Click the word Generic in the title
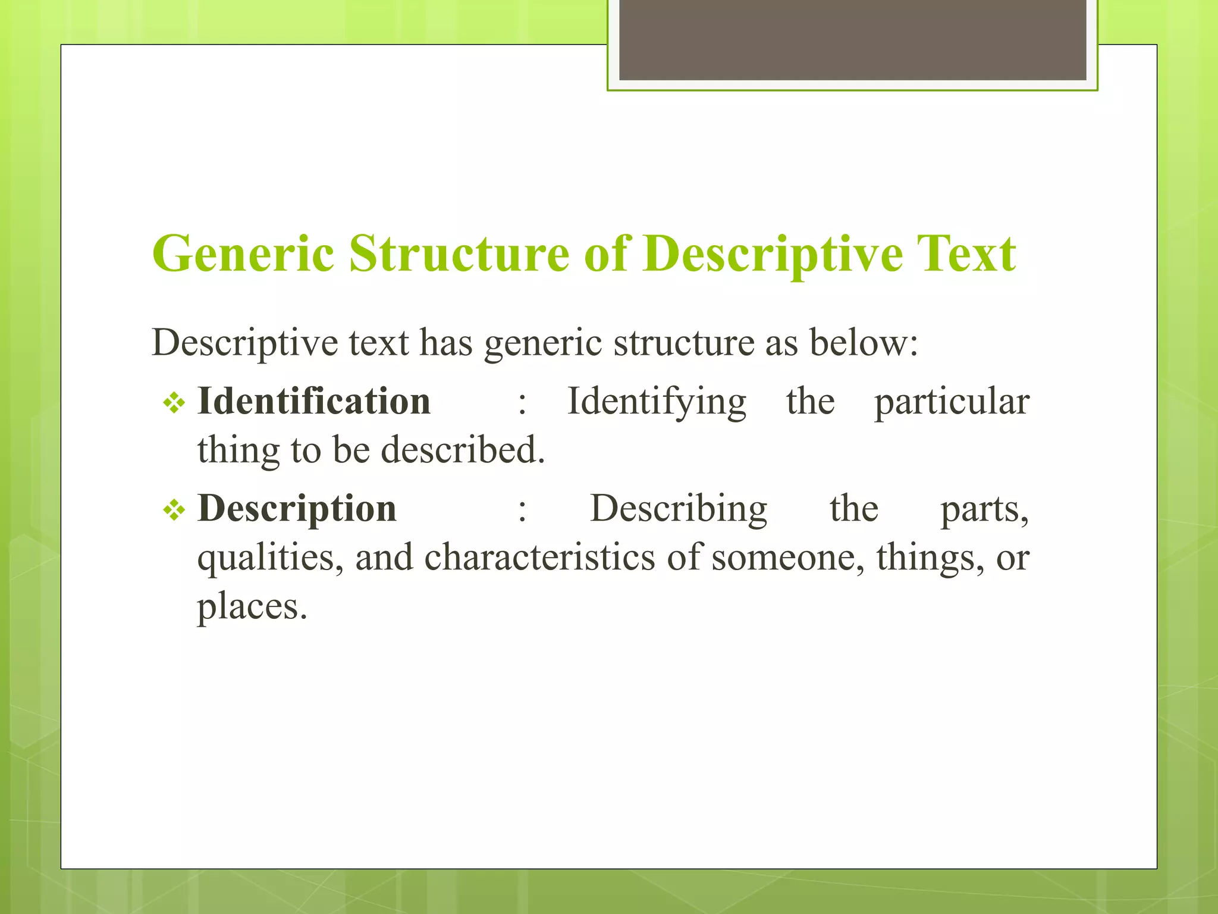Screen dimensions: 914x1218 (x=243, y=254)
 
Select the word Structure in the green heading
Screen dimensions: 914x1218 (x=459, y=254)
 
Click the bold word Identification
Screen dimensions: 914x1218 (x=314, y=401)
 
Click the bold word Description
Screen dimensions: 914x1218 (x=297, y=509)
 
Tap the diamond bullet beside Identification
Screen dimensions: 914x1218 (x=174, y=403)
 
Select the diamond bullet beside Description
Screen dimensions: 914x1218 (x=174, y=511)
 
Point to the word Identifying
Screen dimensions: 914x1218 (x=657, y=402)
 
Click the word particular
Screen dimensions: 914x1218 (x=952, y=402)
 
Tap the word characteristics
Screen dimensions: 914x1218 (x=539, y=558)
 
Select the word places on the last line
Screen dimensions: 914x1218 (x=251, y=607)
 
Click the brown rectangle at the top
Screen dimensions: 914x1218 (x=852, y=39)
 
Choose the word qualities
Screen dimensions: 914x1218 (x=270, y=558)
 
